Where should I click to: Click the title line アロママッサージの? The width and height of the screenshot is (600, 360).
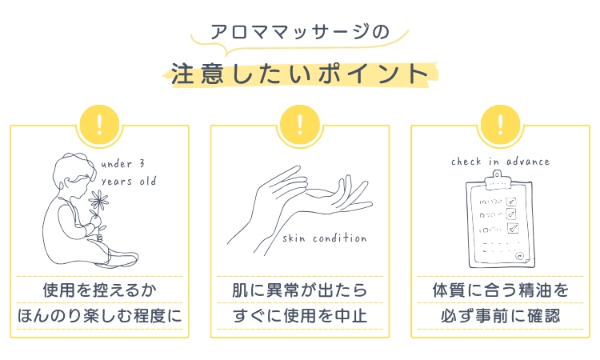pyautogui.click(x=300, y=32)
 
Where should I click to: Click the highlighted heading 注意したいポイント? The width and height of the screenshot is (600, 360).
pyautogui.click(x=300, y=74)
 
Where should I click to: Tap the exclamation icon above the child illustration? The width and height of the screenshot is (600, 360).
pyautogui.click(x=99, y=125)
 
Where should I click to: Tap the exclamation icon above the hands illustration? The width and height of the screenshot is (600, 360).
pyautogui.click(x=300, y=125)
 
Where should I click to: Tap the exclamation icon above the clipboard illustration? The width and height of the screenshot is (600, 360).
pyautogui.click(x=501, y=125)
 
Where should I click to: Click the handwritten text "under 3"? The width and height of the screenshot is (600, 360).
pyautogui.click(x=123, y=164)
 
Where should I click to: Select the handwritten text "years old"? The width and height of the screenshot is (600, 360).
pyautogui.click(x=129, y=181)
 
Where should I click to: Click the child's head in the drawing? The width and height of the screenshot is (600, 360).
pyautogui.click(x=73, y=174)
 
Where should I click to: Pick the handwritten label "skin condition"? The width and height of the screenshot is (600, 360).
pyautogui.click(x=325, y=238)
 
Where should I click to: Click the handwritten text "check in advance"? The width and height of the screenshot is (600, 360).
pyautogui.click(x=500, y=162)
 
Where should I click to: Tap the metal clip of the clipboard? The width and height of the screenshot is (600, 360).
pyautogui.click(x=497, y=180)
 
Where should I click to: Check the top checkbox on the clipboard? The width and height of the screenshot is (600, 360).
pyautogui.click(x=511, y=202)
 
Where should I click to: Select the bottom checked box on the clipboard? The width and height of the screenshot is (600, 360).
pyautogui.click(x=513, y=228)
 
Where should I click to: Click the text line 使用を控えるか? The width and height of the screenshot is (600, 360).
pyautogui.click(x=99, y=290)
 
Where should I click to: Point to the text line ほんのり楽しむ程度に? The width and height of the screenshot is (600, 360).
pyautogui.click(x=99, y=316)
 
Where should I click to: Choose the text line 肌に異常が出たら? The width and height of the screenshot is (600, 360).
pyautogui.click(x=300, y=290)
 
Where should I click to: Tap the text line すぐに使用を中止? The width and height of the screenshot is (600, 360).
pyautogui.click(x=300, y=316)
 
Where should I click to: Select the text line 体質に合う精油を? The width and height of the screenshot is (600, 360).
pyautogui.click(x=501, y=290)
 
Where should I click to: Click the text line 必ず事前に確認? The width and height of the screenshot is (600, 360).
pyautogui.click(x=501, y=316)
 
